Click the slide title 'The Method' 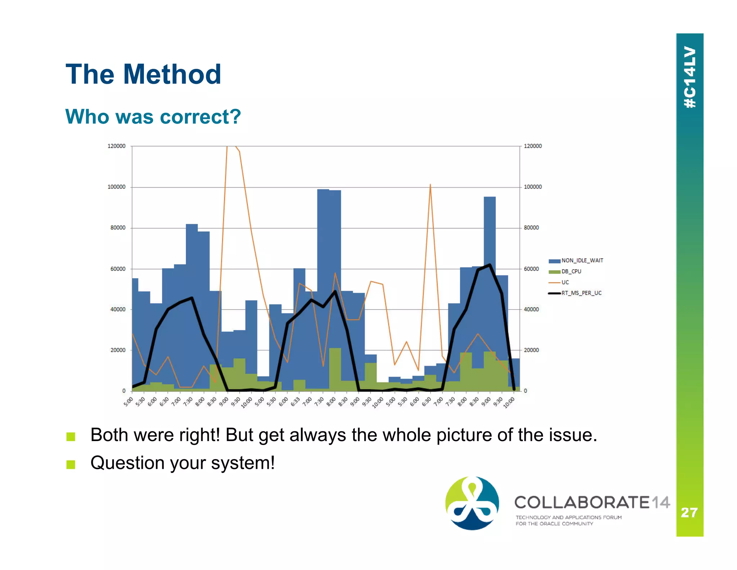click(x=143, y=74)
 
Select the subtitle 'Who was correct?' click(x=153, y=117)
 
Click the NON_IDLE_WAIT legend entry click(x=582, y=260)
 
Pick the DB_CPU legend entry click(x=571, y=271)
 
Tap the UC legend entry click(x=565, y=282)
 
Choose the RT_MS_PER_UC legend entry click(x=581, y=293)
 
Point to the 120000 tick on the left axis click(x=116, y=146)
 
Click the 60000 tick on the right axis click(x=531, y=269)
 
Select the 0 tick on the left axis click(x=124, y=391)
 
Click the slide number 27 click(x=689, y=512)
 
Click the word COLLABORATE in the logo click(x=582, y=502)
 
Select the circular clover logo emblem click(x=472, y=503)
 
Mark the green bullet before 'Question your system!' click(x=71, y=464)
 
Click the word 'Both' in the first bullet click(x=109, y=435)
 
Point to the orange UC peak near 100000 click(x=430, y=185)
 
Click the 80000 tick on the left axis click(x=118, y=228)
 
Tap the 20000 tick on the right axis click(x=531, y=350)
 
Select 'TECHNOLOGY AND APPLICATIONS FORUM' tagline click(x=568, y=517)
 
